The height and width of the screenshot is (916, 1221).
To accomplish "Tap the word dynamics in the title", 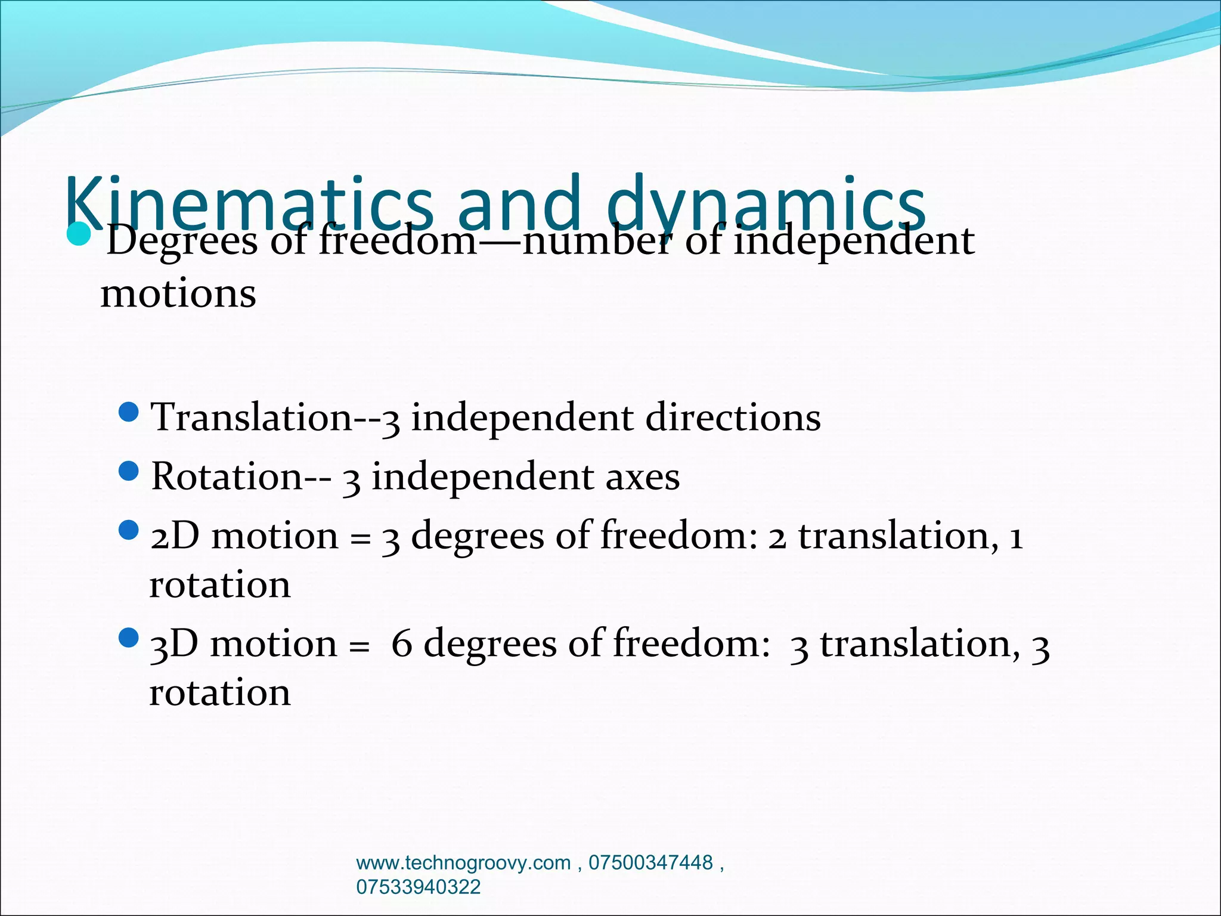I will pyautogui.click(x=766, y=203).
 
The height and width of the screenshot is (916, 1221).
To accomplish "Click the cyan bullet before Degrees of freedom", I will pyautogui.click(x=78, y=234).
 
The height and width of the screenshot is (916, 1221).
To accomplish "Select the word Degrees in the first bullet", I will pyautogui.click(x=182, y=242).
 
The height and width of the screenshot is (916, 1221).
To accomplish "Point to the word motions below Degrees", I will pyautogui.click(x=178, y=293).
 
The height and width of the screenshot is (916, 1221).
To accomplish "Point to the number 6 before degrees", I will pyautogui.click(x=401, y=644).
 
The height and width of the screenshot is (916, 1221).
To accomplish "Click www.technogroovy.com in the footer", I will pyautogui.click(x=463, y=863).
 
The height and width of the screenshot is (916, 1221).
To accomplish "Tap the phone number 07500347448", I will pyautogui.click(x=650, y=863).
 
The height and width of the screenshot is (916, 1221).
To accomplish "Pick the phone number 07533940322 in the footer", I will pyautogui.click(x=418, y=887).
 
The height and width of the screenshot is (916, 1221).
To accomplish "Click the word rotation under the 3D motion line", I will pyautogui.click(x=219, y=692).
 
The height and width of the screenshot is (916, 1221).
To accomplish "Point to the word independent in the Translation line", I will pyautogui.click(x=522, y=417).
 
